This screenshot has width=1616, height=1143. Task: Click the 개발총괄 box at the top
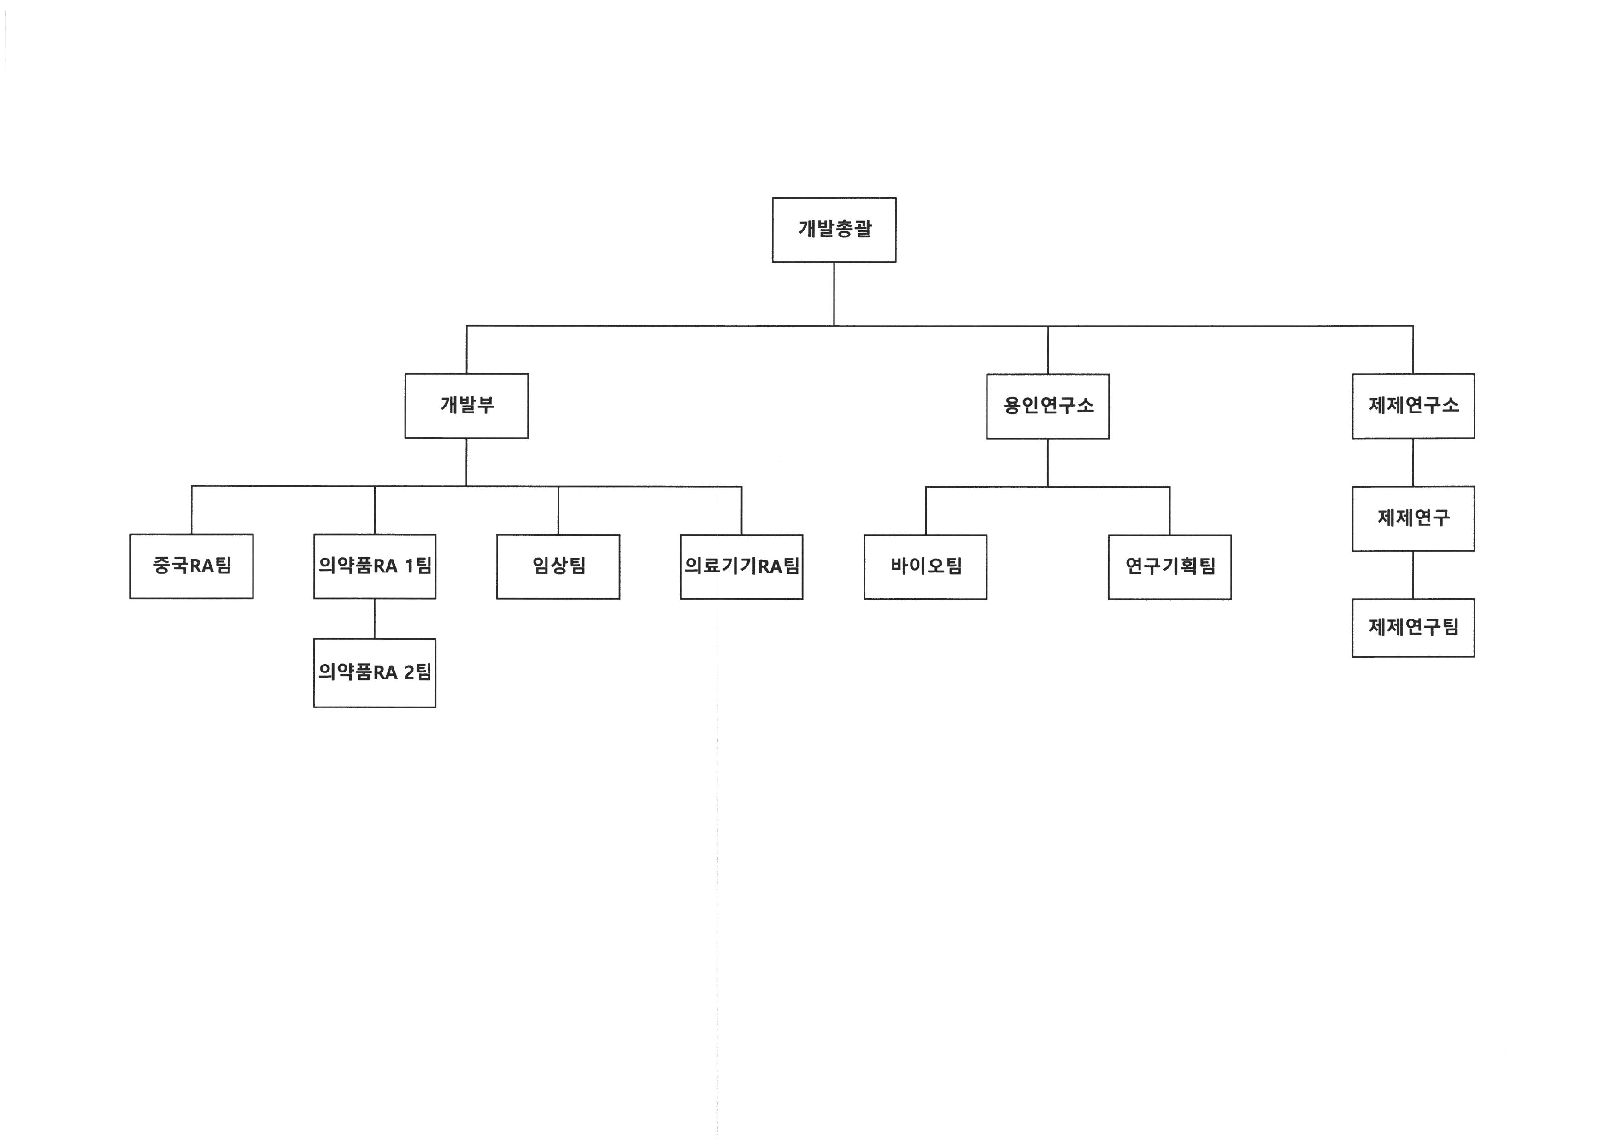834,230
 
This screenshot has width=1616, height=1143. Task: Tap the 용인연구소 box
1047,406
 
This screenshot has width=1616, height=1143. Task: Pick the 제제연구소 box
1413,406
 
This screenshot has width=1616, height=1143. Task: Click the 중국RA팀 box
191,566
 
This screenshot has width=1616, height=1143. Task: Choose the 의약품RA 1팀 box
375,566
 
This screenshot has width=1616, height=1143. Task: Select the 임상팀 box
558,566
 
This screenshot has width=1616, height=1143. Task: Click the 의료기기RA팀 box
741,566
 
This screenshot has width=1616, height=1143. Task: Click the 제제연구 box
1413,518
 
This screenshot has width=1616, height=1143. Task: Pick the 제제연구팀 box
1413,627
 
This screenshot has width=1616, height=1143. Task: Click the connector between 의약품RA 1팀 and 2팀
375,619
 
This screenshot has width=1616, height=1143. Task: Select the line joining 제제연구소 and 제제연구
1413,462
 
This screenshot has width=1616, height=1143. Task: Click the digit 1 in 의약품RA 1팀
409,566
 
